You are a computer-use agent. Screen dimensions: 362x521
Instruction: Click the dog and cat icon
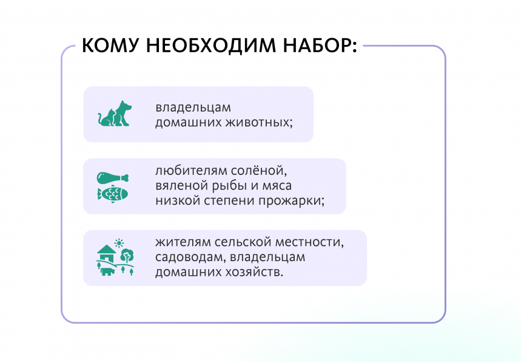pyautogui.click(x=115, y=114)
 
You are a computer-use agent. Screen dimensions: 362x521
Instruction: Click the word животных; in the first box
pyautogui.click(x=260, y=122)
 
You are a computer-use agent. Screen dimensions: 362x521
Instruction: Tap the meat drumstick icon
pyautogui.click(x=113, y=178)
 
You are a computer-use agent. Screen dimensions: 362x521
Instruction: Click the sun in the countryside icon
pyautogui.click(x=119, y=242)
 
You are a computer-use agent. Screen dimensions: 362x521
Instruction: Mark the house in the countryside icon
pyautogui.click(x=106, y=251)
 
